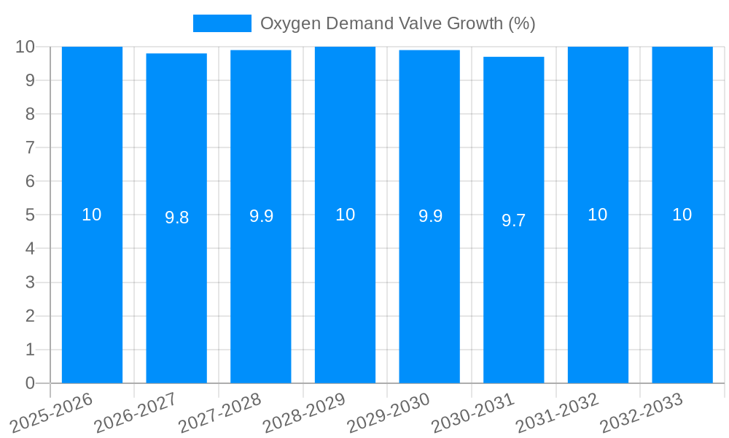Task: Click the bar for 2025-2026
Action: click(92, 292)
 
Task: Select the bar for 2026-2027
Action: click(176, 292)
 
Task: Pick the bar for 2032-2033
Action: click(682, 292)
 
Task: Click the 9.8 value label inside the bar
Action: click(176, 218)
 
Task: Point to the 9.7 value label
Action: click(514, 220)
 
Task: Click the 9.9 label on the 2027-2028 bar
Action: click(261, 216)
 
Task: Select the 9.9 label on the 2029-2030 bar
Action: click(430, 216)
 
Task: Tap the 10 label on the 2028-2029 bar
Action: click(345, 215)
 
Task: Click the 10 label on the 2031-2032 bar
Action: click(598, 215)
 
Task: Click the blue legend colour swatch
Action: click(222, 23)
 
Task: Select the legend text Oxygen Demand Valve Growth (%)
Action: click(398, 23)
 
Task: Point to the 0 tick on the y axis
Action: click(30, 383)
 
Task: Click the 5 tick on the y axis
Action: click(30, 215)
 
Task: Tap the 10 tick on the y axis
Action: click(26, 47)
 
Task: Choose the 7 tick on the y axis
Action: click(30, 147)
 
